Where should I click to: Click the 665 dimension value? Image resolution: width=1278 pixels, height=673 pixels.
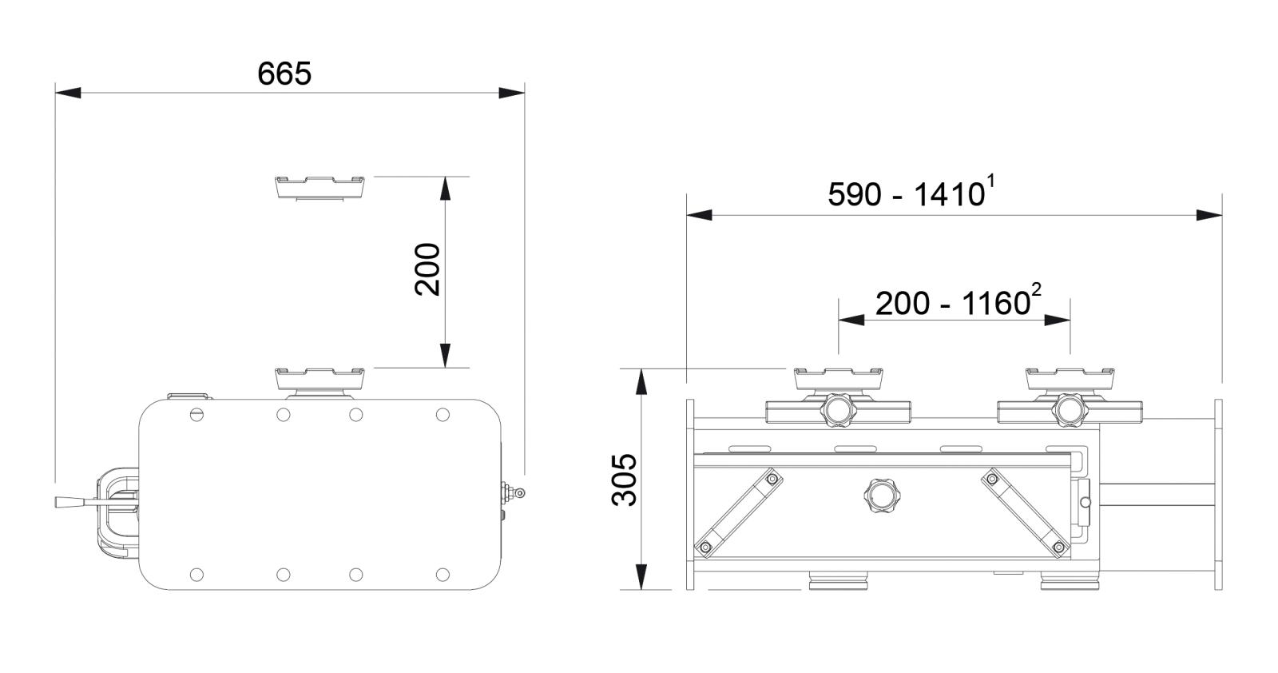coord(284,74)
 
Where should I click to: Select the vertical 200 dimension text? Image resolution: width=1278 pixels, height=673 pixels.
coord(427,269)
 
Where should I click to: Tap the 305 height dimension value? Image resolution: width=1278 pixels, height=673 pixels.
coord(624,480)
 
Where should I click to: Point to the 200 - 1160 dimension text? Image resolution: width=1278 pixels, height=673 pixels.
coord(952,303)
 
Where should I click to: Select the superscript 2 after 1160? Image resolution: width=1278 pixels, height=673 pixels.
coord(1036,290)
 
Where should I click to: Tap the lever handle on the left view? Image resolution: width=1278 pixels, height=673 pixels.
coord(77,502)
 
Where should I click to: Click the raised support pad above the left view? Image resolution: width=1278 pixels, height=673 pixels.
coord(319,187)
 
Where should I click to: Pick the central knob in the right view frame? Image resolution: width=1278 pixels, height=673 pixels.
coord(880,496)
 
